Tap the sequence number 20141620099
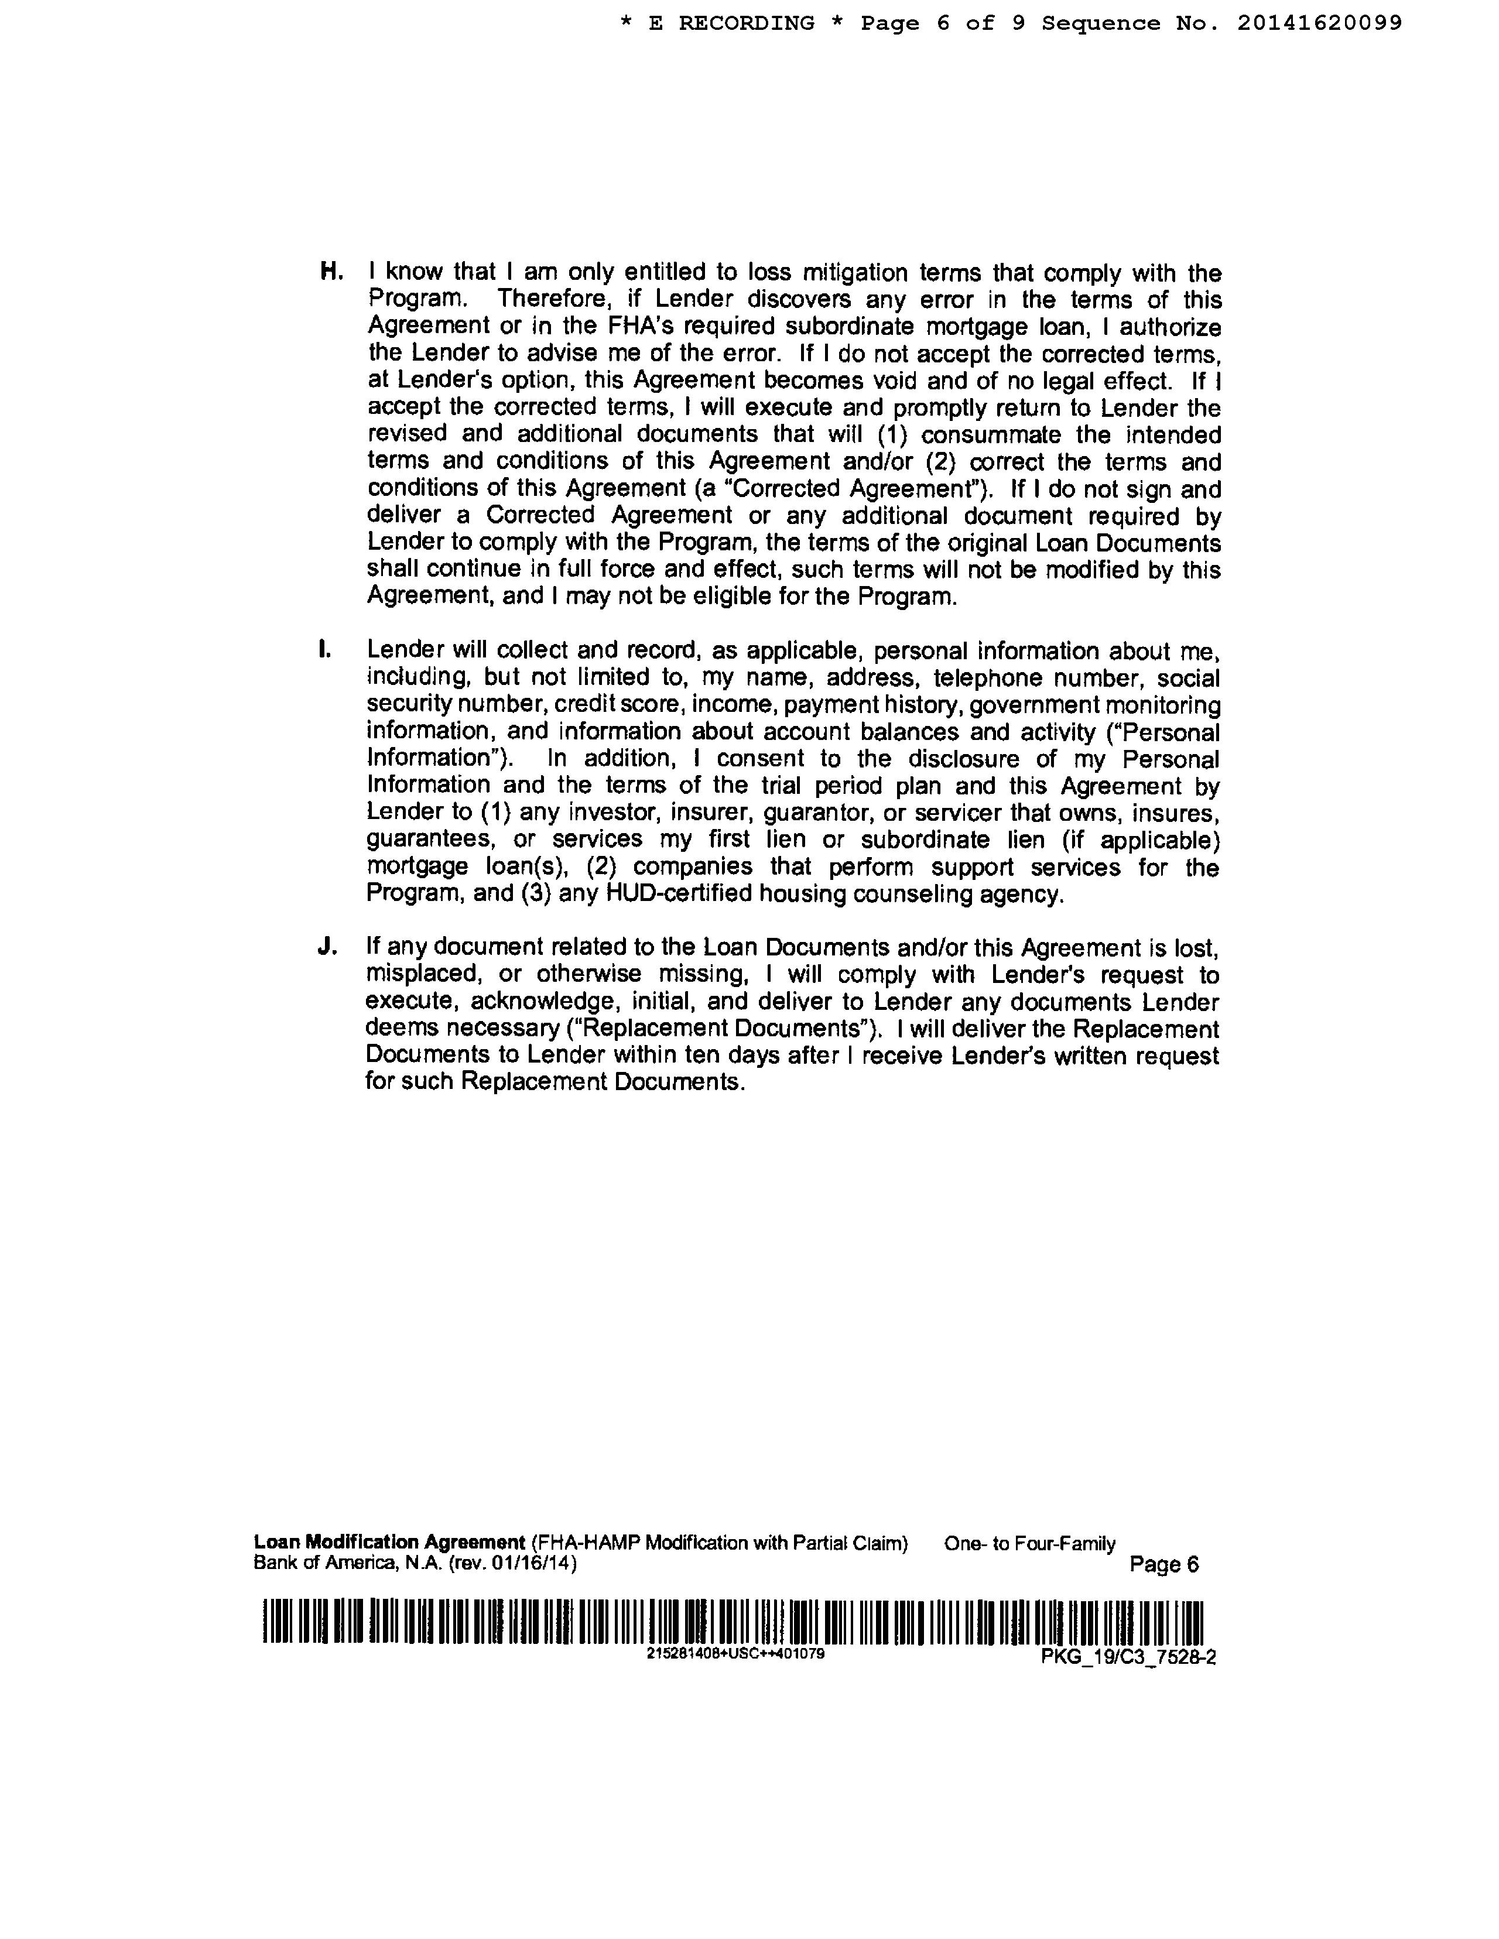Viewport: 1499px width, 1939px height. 1320,23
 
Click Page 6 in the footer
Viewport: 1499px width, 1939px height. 1163,1564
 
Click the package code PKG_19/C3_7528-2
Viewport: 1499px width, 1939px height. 1128,1657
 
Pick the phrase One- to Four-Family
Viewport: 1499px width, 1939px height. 1029,1544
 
